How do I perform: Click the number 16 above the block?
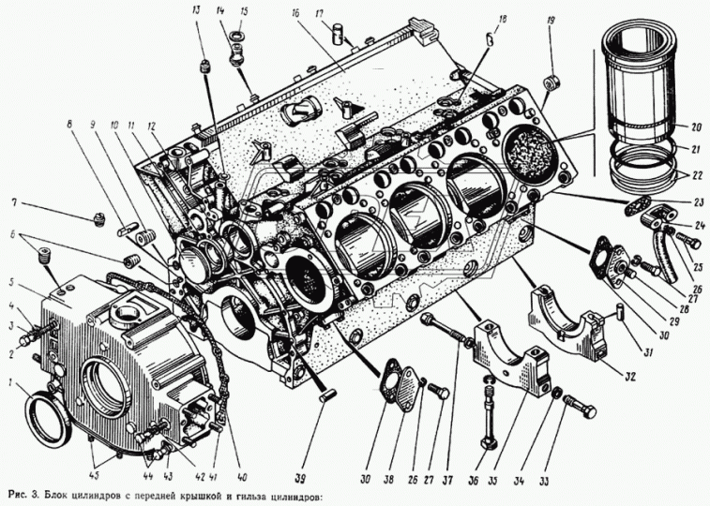click(x=294, y=15)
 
